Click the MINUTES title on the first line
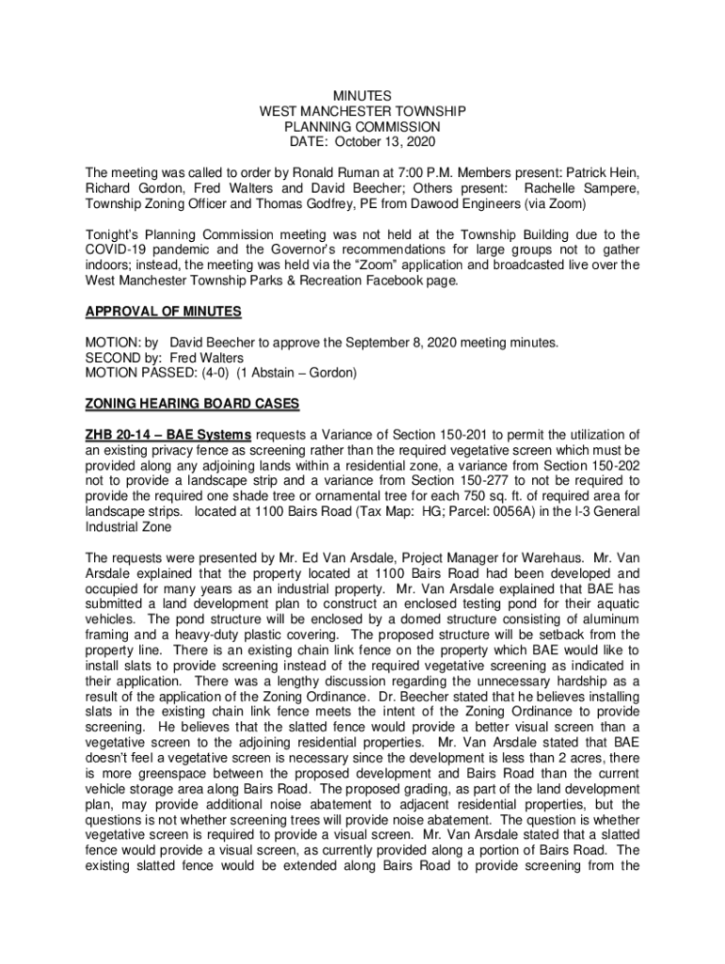click(362, 96)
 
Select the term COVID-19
click(121, 249)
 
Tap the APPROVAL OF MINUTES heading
click(164, 312)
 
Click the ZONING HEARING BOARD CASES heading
click(192, 404)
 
